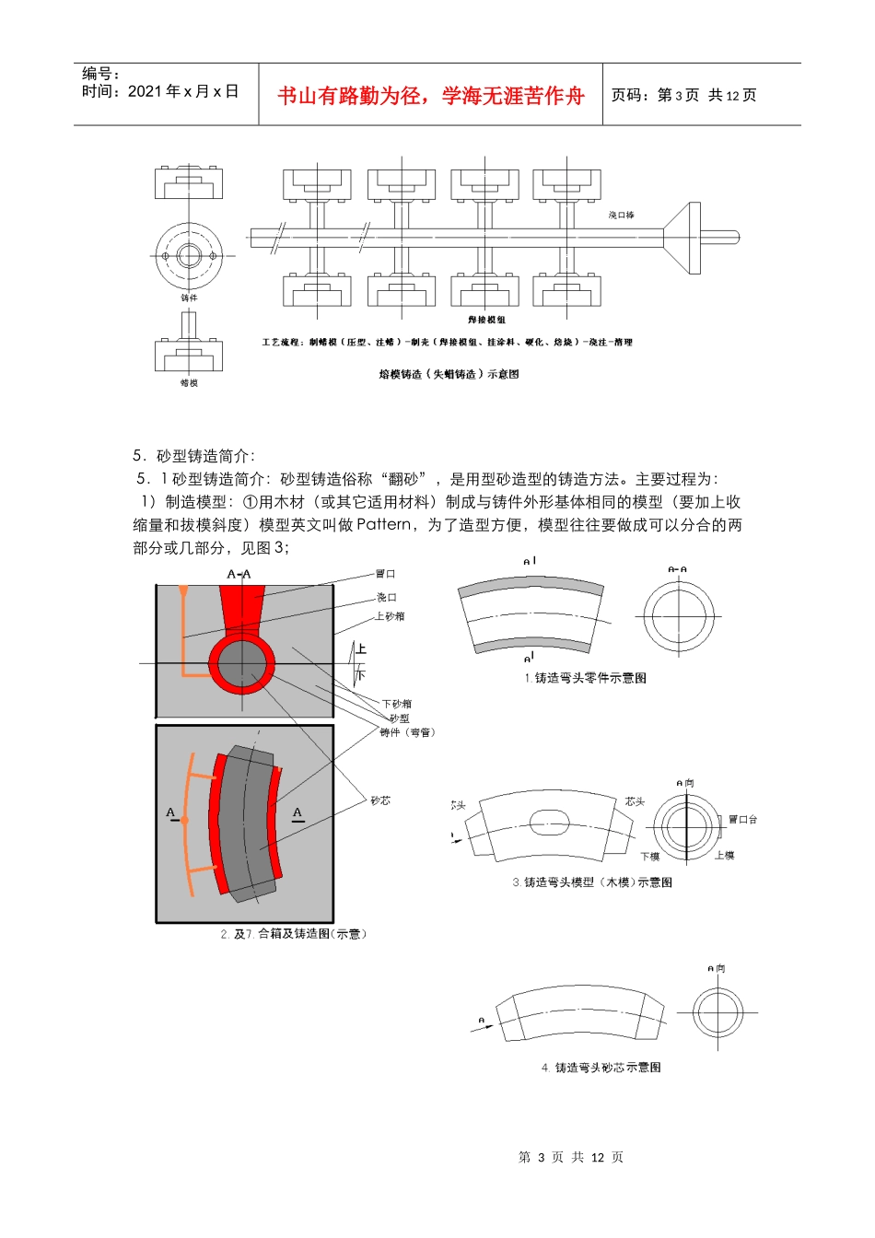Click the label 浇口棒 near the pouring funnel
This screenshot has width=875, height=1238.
click(621, 215)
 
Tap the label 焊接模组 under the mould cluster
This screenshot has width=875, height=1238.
click(486, 320)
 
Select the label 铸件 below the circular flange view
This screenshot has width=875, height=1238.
click(189, 298)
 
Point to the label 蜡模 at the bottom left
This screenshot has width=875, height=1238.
click(189, 382)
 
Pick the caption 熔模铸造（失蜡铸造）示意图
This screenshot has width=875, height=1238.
click(449, 374)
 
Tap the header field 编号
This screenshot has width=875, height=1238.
click(100, 74)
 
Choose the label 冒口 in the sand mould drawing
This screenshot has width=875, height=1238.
click(385, 574)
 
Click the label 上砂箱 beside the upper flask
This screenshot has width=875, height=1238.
click(390, 616)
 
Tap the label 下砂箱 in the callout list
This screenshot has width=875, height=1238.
click(397, 704)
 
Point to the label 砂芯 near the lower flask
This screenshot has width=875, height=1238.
click(380, 800)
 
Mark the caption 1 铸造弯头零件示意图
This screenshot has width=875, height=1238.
click(586, 678)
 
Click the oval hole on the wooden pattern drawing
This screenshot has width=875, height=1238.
click(549, 822)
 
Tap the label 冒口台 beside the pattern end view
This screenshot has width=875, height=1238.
click(742, 819)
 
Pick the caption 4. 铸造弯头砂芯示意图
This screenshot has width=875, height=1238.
click(601, 1068)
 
